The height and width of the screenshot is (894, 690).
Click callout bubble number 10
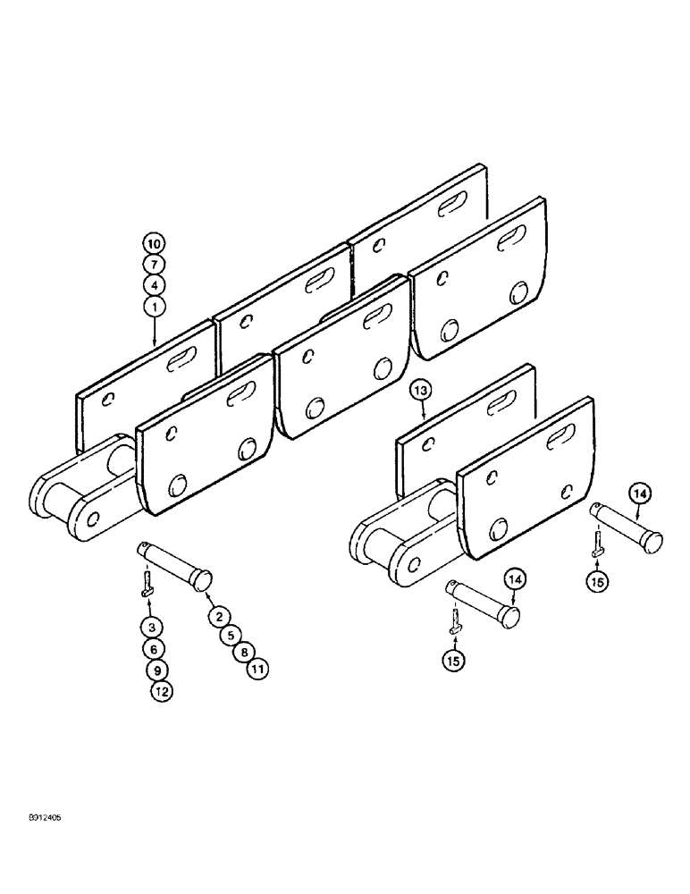tap(153, 243)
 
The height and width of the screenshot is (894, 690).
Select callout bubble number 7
tap(153, 264)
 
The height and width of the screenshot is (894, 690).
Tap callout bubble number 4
tap(153, 285)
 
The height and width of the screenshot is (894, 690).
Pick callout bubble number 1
tap(153, 307)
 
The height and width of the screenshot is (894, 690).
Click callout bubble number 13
tap(421, 389)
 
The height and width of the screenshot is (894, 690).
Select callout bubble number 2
tap(216, 614)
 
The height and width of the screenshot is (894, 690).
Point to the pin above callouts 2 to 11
tap(175, 563)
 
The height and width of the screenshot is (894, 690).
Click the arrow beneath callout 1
tap(153, 333)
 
